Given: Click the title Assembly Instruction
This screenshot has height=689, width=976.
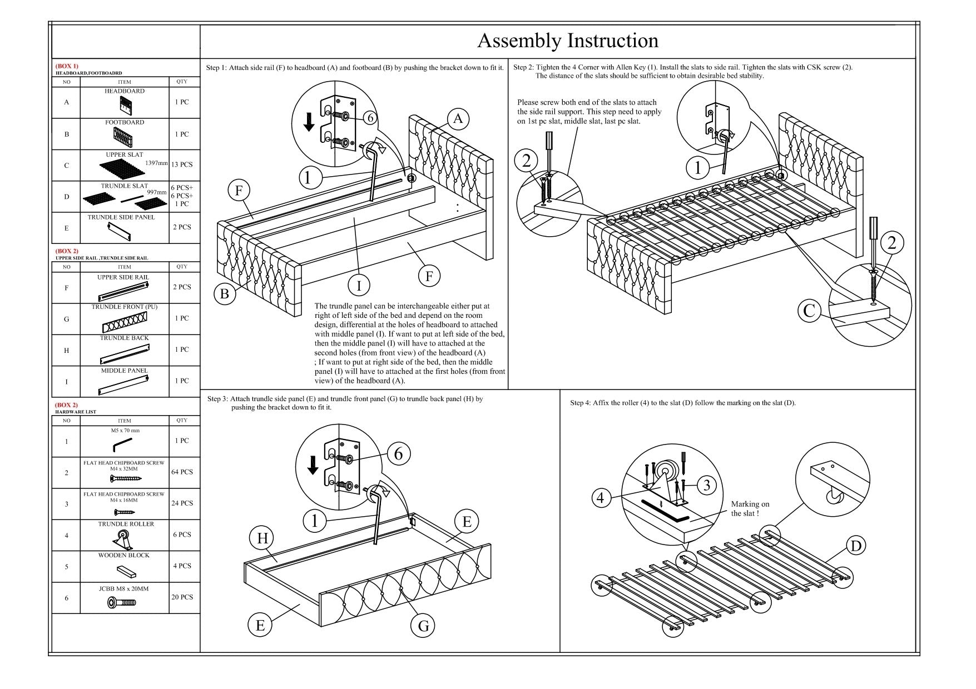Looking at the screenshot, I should (568, 41).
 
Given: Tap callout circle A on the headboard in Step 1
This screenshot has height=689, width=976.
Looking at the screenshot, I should (458, 119).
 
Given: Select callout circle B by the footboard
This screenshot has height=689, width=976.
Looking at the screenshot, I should (225, 293).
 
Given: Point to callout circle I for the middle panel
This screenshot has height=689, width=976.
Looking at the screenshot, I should (359, 286).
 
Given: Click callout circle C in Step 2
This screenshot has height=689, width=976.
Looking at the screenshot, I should (809, 310).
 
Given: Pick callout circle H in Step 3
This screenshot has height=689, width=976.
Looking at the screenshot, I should (262, 538).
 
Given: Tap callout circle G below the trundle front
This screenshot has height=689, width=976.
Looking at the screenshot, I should (423, 626).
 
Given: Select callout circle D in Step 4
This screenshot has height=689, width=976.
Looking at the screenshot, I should (856, 546).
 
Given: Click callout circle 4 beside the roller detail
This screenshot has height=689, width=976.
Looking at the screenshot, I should (600, 497).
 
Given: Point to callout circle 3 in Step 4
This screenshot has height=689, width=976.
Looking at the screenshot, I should (706, 485).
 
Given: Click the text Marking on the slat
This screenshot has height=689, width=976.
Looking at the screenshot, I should (750, 508).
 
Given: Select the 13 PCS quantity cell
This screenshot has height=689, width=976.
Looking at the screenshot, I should (182, 164).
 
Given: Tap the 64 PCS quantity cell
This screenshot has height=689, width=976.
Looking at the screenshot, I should (182, 472).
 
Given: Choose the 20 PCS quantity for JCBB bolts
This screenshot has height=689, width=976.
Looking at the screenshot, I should (182, 597).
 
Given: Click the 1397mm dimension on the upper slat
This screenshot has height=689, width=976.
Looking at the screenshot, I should (156, 163).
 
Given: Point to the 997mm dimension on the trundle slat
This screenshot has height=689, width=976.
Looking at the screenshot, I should (156, 192).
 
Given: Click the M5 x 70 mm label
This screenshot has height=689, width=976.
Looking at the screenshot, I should (125, 431).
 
